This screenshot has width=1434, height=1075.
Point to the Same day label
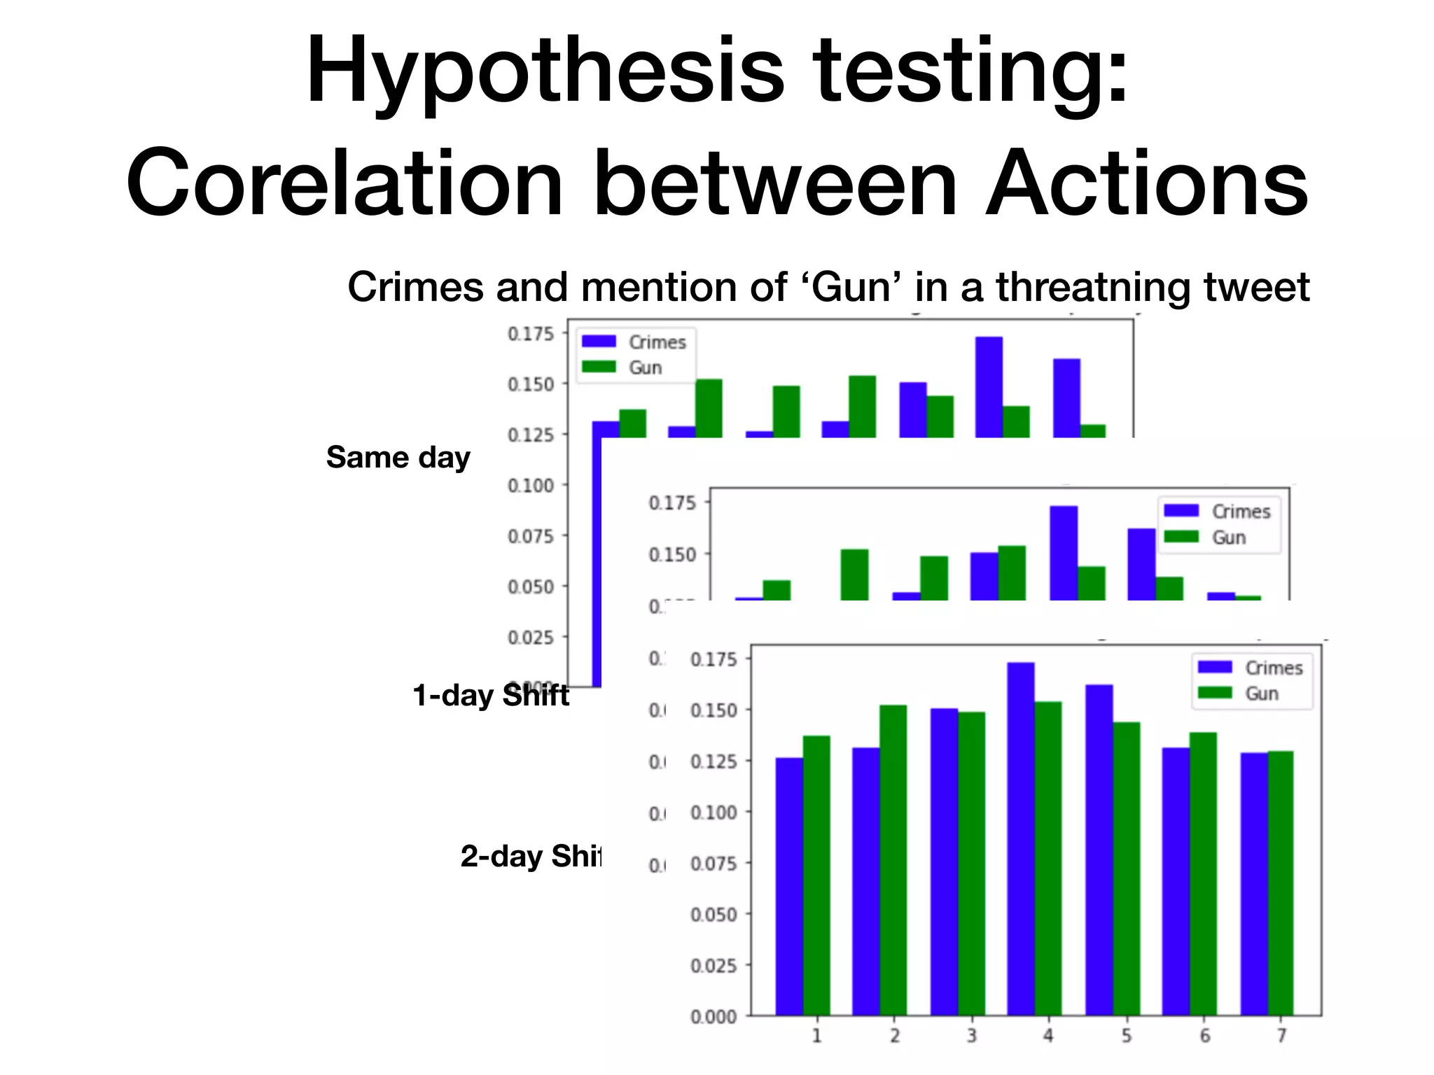click(x=398, y=458)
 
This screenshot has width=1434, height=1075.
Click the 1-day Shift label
click(x=490, y=696)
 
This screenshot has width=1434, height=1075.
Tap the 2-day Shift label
click(x=530, y=857)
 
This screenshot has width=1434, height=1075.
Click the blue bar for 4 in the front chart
click(x=1020, y=840)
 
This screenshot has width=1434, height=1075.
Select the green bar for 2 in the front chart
click(x=893, y=861)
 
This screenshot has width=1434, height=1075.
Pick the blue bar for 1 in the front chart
click(x=789, y=886)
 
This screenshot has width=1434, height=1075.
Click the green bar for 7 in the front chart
click(x=1280, y=883)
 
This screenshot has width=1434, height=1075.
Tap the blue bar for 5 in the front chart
click(x=1099, y=850)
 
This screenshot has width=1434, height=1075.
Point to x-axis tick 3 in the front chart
click(x=971, y=1036)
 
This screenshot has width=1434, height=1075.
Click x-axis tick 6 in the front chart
click(x=1204, y=1036)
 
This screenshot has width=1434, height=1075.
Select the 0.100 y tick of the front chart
click(x=713, y=813)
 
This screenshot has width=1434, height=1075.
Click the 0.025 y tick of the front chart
click(x=713, y=966)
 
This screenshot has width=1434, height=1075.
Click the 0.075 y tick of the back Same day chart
click(x=530, y=536)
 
